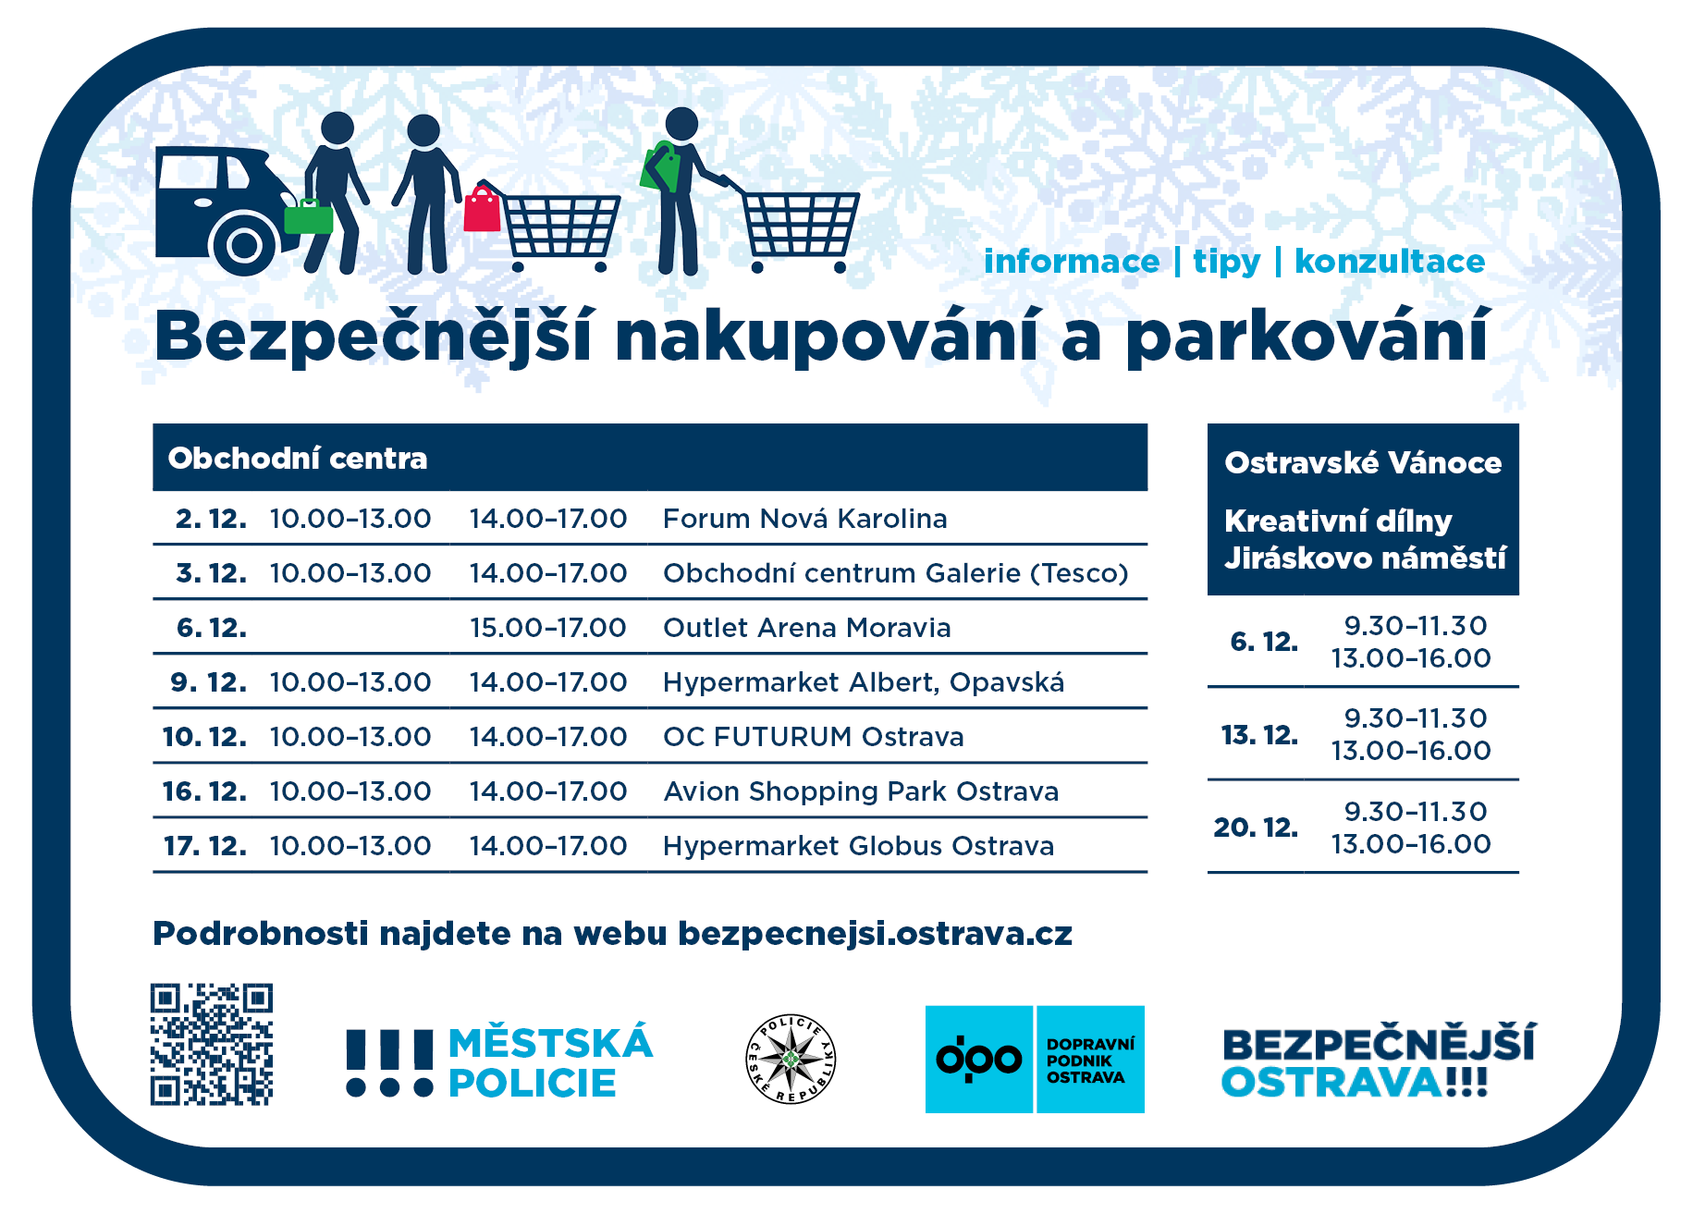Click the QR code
point(212,1044)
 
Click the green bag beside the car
point(308,216)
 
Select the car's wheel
point(244,244)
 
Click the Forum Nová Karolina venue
point(805,519)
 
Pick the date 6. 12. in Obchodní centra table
point(212,628)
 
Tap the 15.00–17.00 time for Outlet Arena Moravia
point(548,628)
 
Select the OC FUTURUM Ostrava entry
point(814,737)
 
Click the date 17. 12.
point(205,846)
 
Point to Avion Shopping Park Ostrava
point(861,791)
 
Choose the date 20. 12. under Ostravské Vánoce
point(1256,827)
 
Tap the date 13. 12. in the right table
point(1259,735)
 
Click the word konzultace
point(1390,261)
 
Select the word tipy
point(1227,262)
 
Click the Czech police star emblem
point(791,1060)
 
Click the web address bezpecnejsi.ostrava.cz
point(876,934)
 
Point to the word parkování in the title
point(1307,337)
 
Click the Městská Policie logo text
point(550,1062)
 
